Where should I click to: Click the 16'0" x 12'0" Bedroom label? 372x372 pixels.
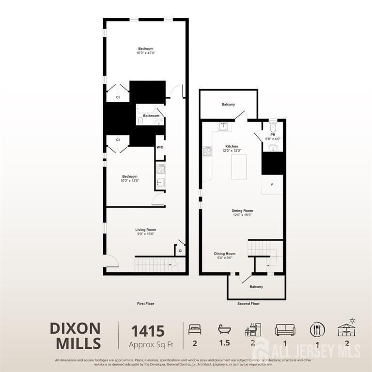coord(146,50)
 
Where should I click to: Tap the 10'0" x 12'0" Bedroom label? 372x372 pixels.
coord(130,178)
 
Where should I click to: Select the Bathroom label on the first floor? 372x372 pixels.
coord(151,116)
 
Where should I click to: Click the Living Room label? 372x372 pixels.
coord(145,232)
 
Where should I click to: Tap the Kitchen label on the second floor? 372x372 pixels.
coord(232,148)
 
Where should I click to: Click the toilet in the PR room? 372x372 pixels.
coord(272,127)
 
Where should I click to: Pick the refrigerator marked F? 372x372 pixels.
coord(272,185)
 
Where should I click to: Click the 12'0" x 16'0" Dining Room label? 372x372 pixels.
coord(242,213)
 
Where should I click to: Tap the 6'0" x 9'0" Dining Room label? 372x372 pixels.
coord(225,255)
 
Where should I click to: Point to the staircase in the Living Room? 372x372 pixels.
coord(153,264)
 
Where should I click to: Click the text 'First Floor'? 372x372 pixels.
coord(145,303)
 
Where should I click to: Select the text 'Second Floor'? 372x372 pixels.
coord(248,304)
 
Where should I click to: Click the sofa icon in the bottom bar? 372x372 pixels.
coord(285,329)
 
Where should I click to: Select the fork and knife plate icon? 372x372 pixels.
coord(317,329)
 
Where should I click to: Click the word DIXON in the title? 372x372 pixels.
coord(75,328)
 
